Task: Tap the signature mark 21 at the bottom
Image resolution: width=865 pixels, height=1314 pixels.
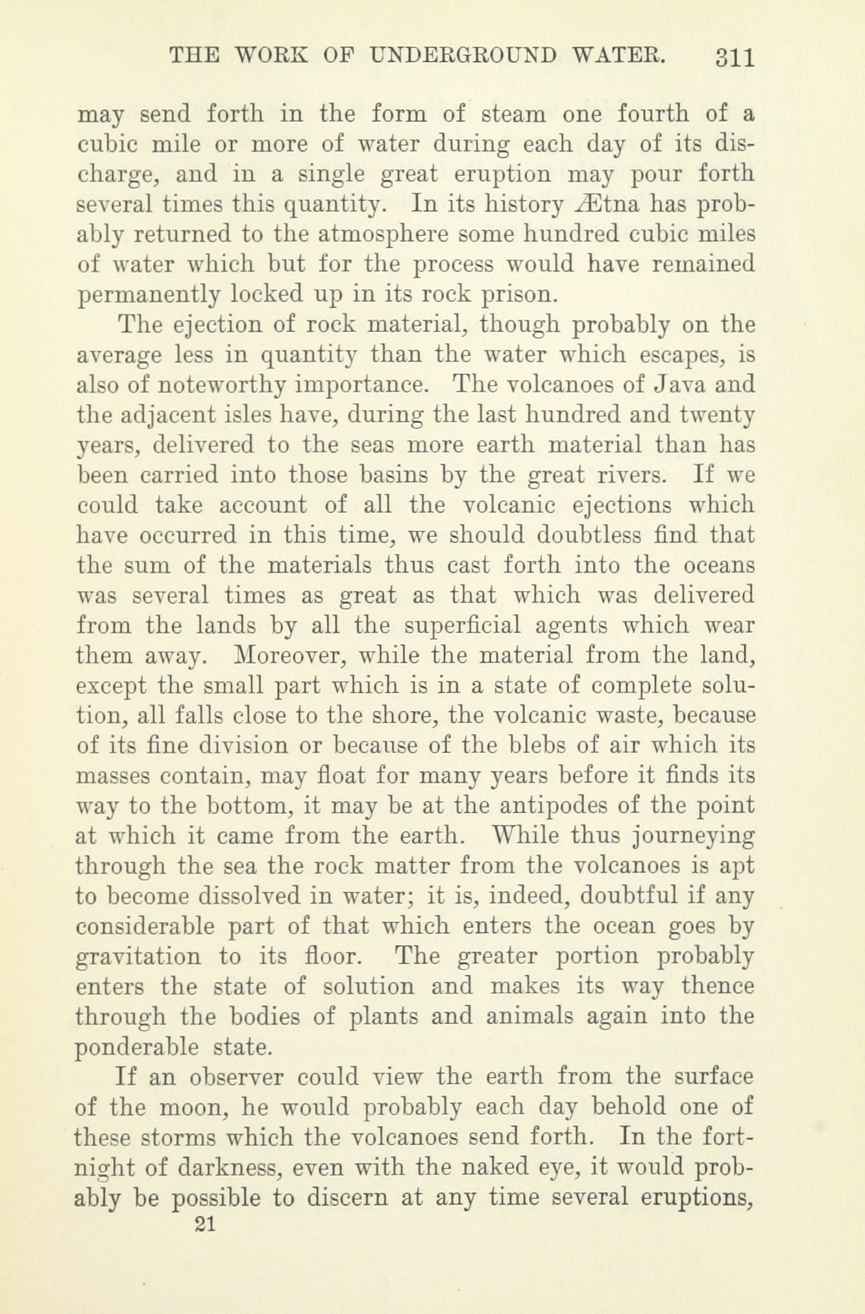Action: [204, 1223]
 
